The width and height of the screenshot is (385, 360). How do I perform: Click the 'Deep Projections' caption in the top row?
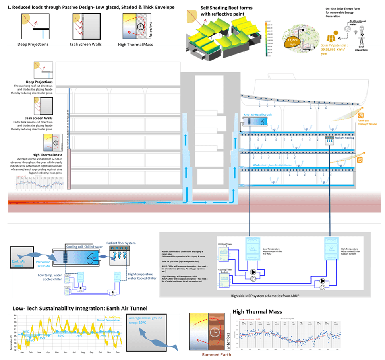[x=33, y=45]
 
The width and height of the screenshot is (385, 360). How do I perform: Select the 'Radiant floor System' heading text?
[x=121, y=243]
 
